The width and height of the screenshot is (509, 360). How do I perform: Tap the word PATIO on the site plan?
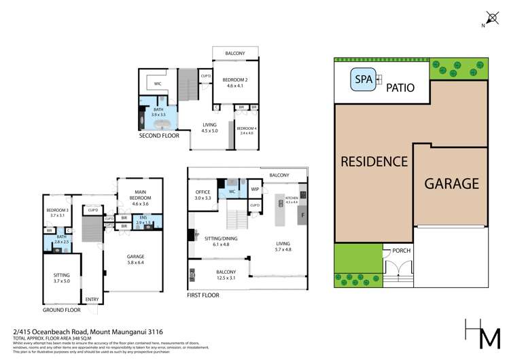coord(400,88)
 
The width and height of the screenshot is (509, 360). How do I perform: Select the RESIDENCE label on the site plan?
coord(374,162)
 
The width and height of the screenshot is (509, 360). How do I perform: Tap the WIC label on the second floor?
coord(157,84)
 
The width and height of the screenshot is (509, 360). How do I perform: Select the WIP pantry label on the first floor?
coord(256,189)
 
